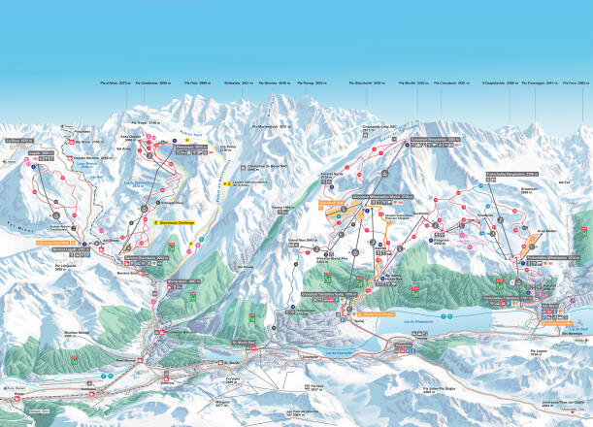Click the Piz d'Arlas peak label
[x=114, y=84]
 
